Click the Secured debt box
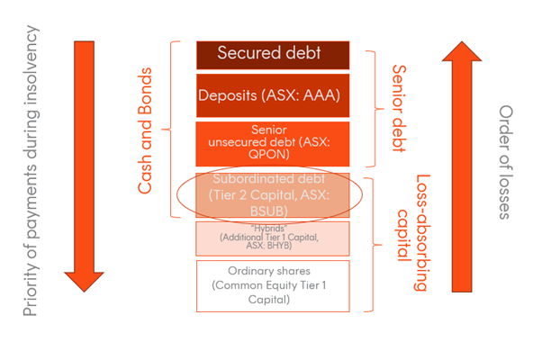(273, 54)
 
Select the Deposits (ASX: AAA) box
(273, 94)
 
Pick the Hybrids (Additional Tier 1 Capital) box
(273, 238)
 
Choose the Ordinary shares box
(273, 285)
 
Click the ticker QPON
(273, 154)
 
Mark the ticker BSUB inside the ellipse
(273, 210)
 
